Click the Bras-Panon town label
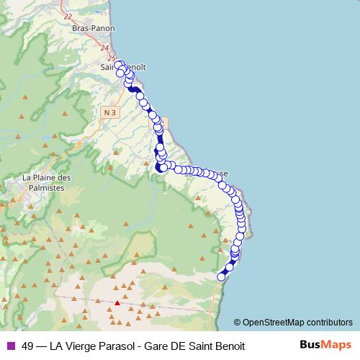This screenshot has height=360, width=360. (x=89, y=28)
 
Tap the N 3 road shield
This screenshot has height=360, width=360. (x=109, y=112)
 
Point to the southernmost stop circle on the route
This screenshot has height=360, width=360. (x=222, y=276)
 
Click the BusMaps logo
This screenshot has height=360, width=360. (x=325, y=345)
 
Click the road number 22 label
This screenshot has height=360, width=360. (x=68, y=16)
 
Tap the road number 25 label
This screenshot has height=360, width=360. (x=111, y=58)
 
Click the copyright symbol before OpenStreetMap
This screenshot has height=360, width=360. (x=238, y=323)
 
